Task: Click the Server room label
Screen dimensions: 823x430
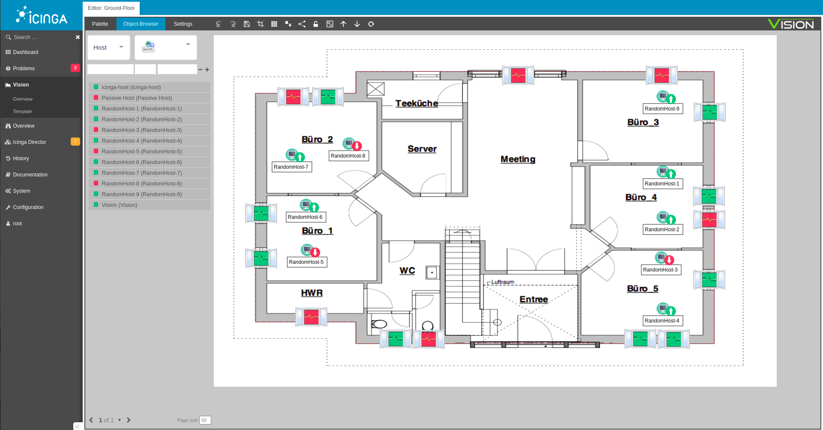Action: tap(422, 149)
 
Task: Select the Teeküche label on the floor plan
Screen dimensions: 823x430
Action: tap(416, 103)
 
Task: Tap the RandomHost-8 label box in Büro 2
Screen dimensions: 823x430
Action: tap(348, 156)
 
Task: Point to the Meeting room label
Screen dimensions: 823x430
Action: tap(518, 159)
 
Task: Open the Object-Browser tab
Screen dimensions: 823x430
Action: tap(141, 24)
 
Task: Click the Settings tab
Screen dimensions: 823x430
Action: tap(183, 24)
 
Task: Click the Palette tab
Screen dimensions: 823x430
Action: tap(100, 24)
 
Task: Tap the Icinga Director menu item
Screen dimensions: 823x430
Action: tap(30, 142)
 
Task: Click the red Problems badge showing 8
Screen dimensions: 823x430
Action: tap(75, 68)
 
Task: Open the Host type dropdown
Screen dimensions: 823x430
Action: tap(109, 48)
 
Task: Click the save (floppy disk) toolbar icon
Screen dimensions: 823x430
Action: tap(247, 24)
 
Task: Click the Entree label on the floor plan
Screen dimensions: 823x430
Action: tap(534, 299)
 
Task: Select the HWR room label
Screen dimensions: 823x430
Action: tap(312, 293)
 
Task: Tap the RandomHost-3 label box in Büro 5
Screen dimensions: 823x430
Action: tap(660, 270)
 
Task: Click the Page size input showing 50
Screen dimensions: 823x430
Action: tap(205, 420)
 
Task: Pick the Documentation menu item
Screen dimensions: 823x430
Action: tap(30, 175)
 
